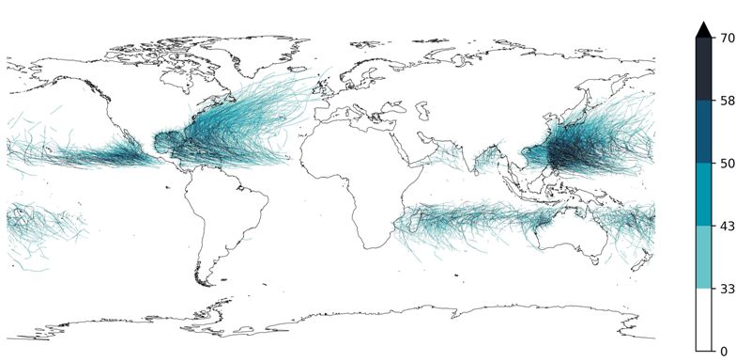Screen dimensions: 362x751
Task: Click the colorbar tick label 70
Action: coord(728,38)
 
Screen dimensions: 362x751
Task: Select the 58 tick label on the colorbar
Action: coord(728,100)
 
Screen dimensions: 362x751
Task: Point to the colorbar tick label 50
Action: coord(728,164)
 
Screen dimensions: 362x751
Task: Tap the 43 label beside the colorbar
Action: coord(728,226)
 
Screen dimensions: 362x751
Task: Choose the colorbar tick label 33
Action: coord(728,289)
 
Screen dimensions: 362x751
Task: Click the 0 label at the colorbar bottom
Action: coord(724,351)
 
